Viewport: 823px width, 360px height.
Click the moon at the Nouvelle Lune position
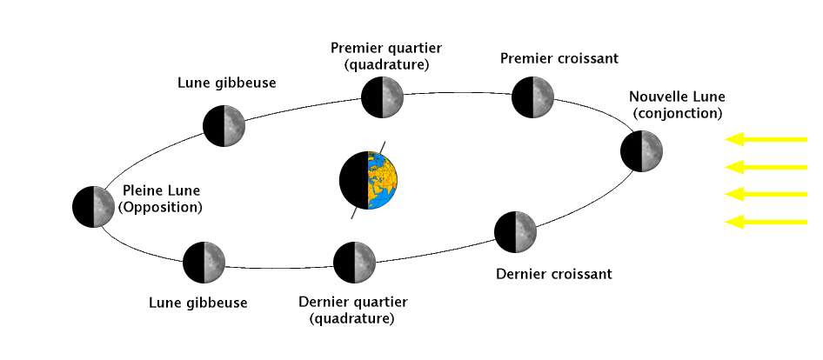point(641,151)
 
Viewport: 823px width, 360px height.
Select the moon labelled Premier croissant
point(532,97)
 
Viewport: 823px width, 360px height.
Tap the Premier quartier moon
point(383,97)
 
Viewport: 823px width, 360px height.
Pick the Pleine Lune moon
point(93,206)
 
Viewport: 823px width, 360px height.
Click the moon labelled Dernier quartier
point(354,263)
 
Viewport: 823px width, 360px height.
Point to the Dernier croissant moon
point(515,231)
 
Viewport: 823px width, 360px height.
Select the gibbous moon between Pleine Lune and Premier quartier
point(224,126)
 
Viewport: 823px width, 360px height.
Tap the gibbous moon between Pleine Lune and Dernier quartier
point(204,263)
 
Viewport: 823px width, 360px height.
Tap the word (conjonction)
point(677,113)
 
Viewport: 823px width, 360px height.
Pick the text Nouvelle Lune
point(677,97)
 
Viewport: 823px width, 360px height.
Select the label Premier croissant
point(559,58)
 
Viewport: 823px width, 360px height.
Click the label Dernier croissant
point(554,274)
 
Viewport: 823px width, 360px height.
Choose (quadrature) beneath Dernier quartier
point(352,318)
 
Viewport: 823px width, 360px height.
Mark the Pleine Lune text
point(161,191)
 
